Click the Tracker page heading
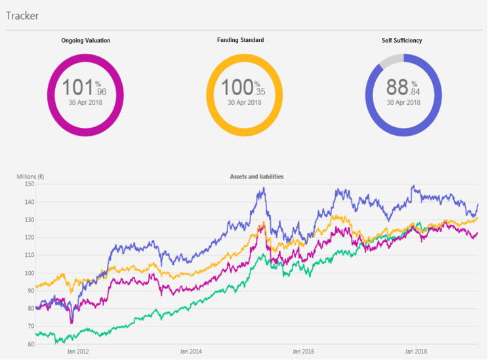point(22,15)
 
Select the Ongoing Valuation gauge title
point(85,41)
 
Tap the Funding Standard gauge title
point(241,40)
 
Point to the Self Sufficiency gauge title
point(402,41)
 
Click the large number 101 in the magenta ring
point(77,88)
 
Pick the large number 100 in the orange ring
point(236,88)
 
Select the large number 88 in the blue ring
point(397,88)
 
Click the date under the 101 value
point(85,102)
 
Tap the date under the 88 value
point(403,102)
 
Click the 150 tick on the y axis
point(29,184)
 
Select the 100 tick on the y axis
point(29,273)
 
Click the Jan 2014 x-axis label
point(191,351)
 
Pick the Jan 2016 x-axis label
point(304,351)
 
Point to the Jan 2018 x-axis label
point(416,351)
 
